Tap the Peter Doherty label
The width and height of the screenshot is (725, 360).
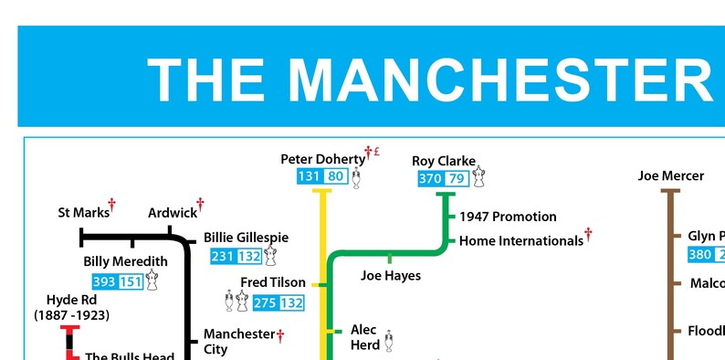pyautogui.click(x=321, y=160)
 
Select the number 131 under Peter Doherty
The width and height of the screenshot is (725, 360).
pyautogui.click(x=309, y=177)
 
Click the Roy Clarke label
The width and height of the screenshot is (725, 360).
pyautogui.click(x=444, y=161)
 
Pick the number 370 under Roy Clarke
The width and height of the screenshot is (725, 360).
pyautogui.click(x=430, y=178)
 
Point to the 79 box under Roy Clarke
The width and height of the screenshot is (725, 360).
pyautogui.click(x=457, y=178)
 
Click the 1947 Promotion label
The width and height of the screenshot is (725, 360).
pyautogui.click(x=508, y=217)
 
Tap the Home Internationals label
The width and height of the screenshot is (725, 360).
pyautogui.click(x=520, y=241)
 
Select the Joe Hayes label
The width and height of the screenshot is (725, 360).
pyautogui.click(x=391, y=274)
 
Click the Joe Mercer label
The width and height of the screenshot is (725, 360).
pyautogui.click(x=670, y=175)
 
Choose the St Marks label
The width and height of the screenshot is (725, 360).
pyautogui.click(x=83, y=213)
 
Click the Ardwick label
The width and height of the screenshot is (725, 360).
pyautogui.click(x=172, y=213)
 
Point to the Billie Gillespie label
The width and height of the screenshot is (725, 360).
pyautogui.click(x=246, y=238)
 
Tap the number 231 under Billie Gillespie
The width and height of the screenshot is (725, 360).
pyautogui.click(x=223, y=257)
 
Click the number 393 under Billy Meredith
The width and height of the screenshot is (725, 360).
pyautogui.click(x=104, y=281)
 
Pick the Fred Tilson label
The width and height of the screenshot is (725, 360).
pyautogui.click(x=267, y=282)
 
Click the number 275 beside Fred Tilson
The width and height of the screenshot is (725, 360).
pyautogui.click(x=265, y=302)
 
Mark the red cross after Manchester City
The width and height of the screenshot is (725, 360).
pyautogui.click(x=281, y=334)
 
